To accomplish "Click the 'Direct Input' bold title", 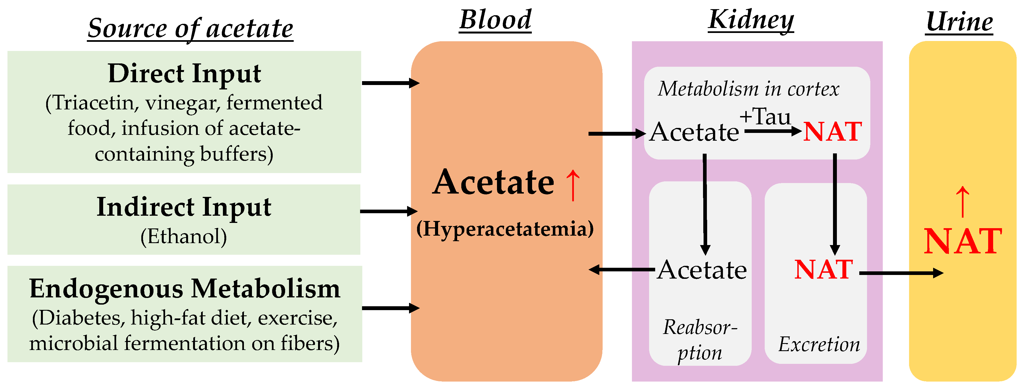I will tap(184, 74).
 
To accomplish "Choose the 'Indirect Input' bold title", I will tap(184, 207).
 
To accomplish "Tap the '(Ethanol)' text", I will tap(184, 236).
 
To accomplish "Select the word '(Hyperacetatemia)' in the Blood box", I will tap(505, 229).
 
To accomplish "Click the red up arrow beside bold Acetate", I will tap(573, 185).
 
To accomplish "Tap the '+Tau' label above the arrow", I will tap(765, 117).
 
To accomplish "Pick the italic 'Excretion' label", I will tap(819, 344).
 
